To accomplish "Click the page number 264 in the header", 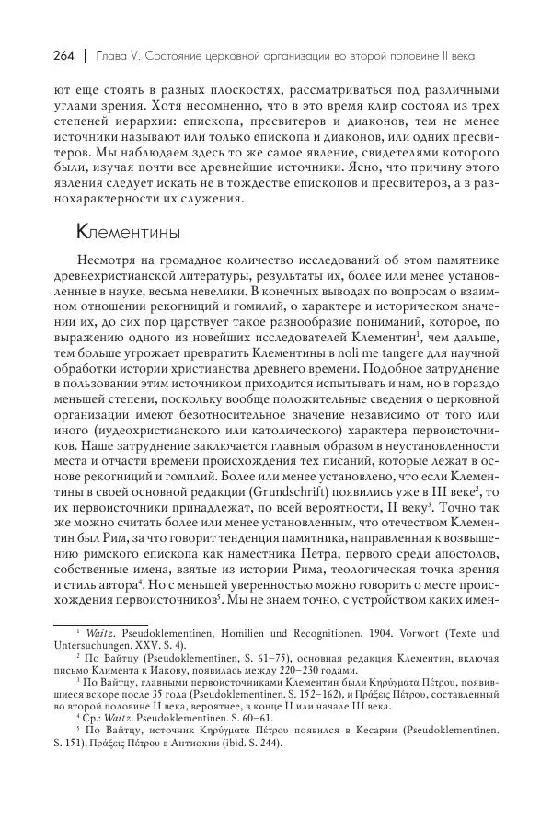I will (x=40, y=56).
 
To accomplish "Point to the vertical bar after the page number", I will (x=63, y=56).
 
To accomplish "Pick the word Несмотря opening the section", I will (x=107, y=264).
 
